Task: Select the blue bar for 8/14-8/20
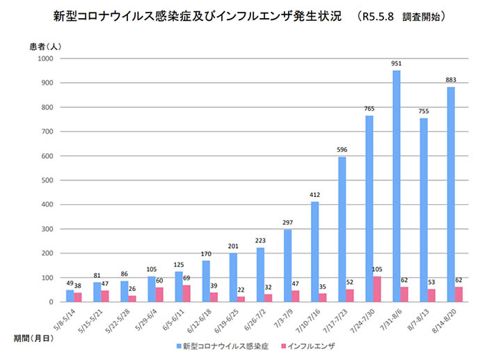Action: (x=451, y=194)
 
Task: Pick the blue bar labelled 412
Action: (x=314, y=251)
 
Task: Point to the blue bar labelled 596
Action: (x=342, y=229)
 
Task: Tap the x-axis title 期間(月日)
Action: (x=31, y=337)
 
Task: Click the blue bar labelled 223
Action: (x=260, y=274)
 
